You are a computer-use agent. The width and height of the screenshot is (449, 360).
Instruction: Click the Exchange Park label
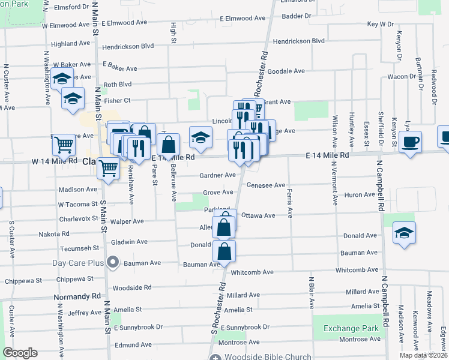[x=351, y=328]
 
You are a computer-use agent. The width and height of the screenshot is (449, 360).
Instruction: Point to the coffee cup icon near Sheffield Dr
[x=410, y=142]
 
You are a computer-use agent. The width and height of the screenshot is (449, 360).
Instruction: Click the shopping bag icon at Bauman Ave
[x=224, y=251]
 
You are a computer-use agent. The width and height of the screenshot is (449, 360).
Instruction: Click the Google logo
[x=20, y=353]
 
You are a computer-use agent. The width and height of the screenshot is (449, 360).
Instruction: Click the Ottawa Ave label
[x=258, y=215]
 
